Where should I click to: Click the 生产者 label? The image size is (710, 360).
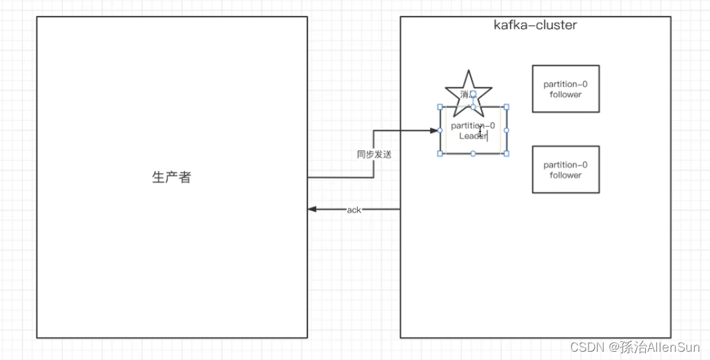(171, 177)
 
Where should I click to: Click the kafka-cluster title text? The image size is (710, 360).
(535, 25)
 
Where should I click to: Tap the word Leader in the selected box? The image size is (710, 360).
(473, 136)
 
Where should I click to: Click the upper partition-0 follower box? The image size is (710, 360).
(565, 89)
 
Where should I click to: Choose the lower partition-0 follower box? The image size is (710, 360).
(565, 170)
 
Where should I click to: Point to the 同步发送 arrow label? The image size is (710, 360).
(374, 154)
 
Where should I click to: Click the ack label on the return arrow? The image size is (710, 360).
(354, 210)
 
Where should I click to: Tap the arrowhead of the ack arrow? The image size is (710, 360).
(312, 209)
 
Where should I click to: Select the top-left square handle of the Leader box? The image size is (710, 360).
(440, 107)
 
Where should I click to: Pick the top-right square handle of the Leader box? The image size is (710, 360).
(506, 107)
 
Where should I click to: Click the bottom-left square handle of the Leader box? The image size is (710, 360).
(440, 153)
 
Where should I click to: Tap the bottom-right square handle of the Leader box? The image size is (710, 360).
(506, 153)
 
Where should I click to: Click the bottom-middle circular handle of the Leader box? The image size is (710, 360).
(473, 153)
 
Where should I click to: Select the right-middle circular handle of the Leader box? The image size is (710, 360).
(506, 130)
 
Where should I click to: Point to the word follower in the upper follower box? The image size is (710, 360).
(565, 94)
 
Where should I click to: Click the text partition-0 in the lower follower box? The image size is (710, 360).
(565, 165)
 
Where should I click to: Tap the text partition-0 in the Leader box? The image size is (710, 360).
(473, 126)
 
